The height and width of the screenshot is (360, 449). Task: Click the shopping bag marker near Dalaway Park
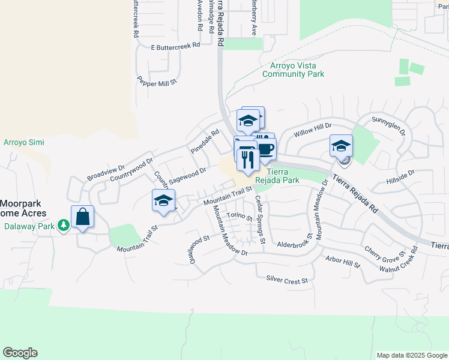83,217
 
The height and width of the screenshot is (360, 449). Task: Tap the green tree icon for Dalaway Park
63,226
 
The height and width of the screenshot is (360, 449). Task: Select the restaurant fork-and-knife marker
247,158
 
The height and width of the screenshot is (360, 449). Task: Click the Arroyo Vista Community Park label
293,70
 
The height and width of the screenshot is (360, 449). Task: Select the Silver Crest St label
286,280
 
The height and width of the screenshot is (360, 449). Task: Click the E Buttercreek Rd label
175,46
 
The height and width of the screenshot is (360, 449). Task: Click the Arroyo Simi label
24,142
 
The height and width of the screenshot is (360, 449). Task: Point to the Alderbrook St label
297,245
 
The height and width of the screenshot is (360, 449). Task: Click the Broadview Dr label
106,173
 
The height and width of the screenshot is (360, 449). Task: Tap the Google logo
20,353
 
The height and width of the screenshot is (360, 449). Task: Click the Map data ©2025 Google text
411,355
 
